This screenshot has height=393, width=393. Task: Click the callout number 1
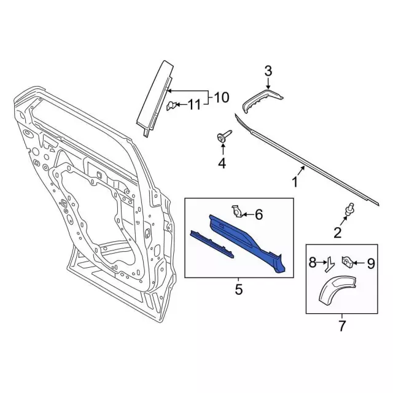pyautogui.click(x=295, y=182)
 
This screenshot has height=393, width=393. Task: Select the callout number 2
pyautogui.click(x=337, y=232)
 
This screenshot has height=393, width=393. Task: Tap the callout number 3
pyautogui.click(x=268, y=72)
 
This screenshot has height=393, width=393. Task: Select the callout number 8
pyautogui.click(x=313, y=263)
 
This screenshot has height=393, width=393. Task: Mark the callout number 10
pyautogui.click(x=221, y=97)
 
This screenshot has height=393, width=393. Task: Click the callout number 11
pyautogui.click(x=194, y=105)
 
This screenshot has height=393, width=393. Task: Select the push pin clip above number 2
pyautogui.click(x=349, y=210)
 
